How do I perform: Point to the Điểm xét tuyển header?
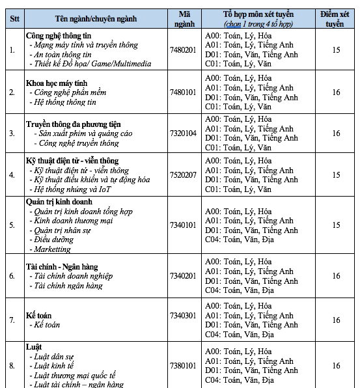click(336, 18)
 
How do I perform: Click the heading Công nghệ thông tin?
click(59, 35)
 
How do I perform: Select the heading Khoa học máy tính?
click(56, 83)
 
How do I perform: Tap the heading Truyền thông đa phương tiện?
click(73, 124)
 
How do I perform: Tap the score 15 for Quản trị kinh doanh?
click(336, 225)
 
